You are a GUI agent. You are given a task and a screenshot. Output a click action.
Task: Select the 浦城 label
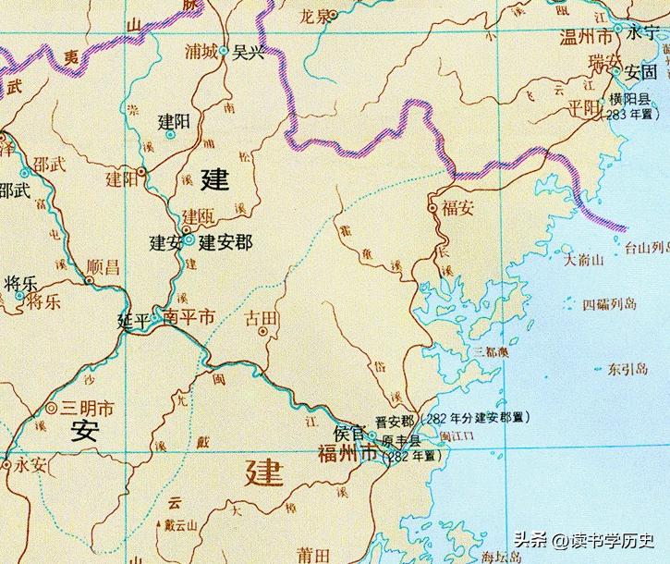coord(201,52)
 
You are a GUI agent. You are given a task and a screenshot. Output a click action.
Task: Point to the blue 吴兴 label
coord(248,52)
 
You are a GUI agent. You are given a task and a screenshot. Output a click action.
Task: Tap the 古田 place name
coord(260,319)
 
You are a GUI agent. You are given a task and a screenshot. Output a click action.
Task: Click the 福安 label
coord(457,208)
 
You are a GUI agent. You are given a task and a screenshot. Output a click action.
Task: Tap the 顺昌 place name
coord(102,268)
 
